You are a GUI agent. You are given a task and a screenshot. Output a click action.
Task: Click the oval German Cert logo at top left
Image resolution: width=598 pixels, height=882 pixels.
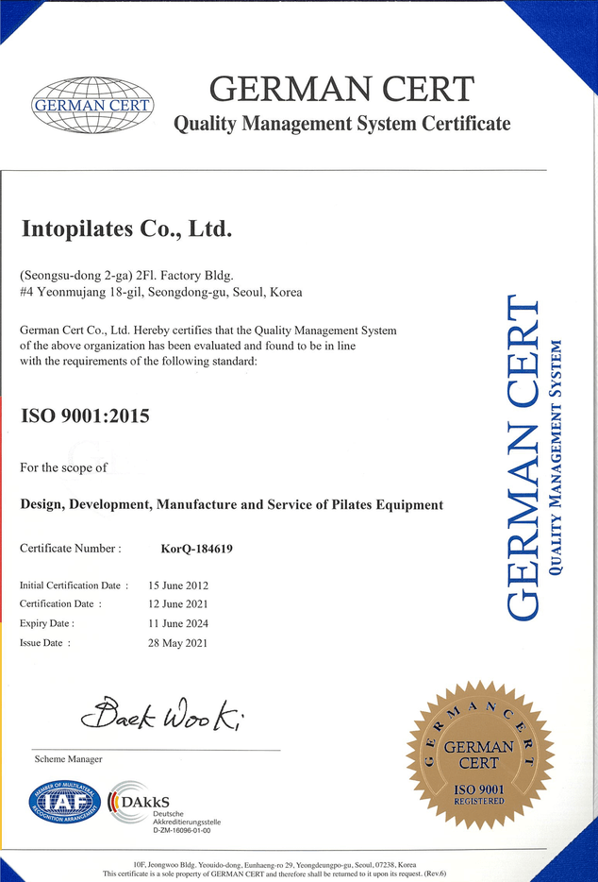(92, 104)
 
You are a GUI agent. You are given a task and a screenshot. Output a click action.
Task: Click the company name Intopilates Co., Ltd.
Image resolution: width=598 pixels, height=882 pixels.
(126, 229)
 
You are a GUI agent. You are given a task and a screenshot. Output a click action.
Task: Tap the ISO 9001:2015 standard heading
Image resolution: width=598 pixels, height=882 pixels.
(85, 416)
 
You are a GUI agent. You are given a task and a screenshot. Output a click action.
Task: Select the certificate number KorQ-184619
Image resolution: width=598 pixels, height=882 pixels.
(197, 548)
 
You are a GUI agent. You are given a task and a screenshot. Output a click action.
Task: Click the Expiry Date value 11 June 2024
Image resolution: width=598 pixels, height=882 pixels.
(178, 623)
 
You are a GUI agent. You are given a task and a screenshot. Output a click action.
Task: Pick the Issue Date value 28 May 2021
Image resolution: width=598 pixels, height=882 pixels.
(177, 643)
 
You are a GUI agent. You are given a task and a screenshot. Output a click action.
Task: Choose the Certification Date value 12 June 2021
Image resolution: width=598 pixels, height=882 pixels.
(178, 604)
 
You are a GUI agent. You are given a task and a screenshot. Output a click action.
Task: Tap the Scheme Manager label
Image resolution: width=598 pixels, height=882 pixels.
(68, 758)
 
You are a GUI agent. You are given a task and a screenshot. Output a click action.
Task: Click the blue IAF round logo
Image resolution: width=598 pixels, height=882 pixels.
(64, 802)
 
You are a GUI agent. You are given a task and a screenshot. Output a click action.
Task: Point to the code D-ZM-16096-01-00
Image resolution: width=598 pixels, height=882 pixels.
(181, 831)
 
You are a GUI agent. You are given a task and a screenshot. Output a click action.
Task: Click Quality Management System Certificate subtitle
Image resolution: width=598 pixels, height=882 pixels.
(341, 124)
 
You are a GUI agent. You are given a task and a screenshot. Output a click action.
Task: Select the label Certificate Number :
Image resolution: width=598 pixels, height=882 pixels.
(71, 548)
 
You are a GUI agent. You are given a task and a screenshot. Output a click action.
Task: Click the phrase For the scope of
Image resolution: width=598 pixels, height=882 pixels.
(63, 467)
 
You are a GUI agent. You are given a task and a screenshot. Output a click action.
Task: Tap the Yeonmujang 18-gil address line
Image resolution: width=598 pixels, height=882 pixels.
(160, 293)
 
